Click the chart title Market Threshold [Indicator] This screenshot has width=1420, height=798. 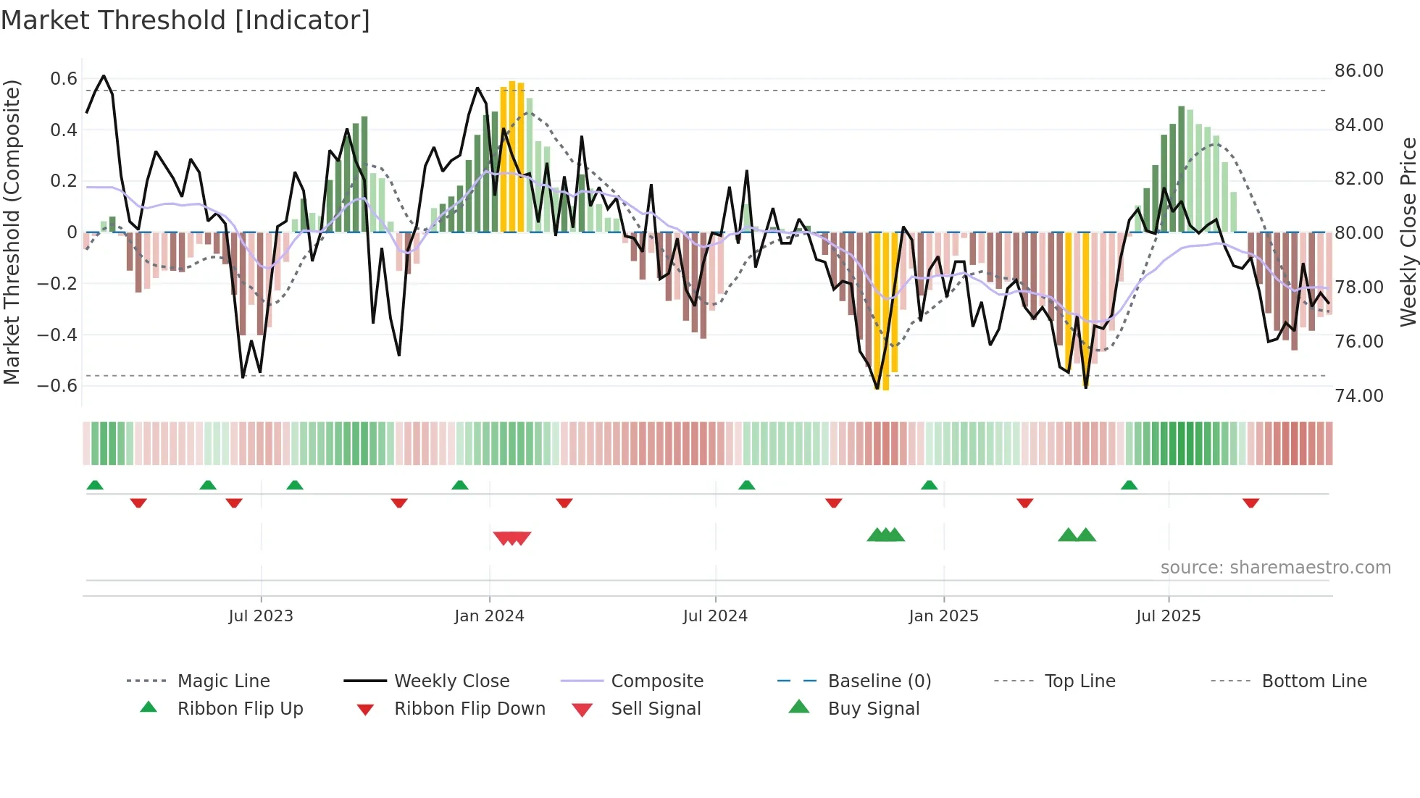[x=185, y=20]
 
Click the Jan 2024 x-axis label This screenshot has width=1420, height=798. [x=489, y=616]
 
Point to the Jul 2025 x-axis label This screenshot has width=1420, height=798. [x=1168, y=616]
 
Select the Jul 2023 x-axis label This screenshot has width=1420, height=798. [x=261, y=616]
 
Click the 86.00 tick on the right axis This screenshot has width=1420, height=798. [x=1358, y=71]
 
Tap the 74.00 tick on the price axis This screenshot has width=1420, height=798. [x=1358, y=395]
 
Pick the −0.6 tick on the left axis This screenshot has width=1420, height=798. [x=57, y=385]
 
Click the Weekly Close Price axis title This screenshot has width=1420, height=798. [x=1408, y=232]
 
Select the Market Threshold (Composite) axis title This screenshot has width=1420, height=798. [x=12, y=232]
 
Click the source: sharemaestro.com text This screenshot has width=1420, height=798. [x=1275, y=568]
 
